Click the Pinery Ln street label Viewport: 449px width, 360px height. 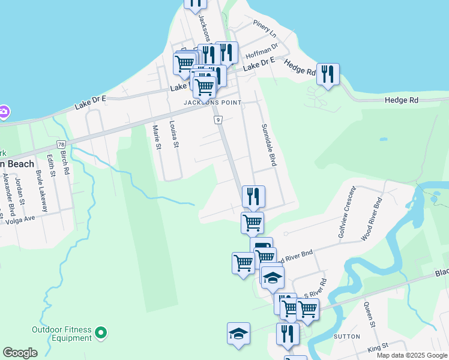tap(265, 28)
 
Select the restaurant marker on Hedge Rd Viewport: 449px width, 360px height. tap(328, 74)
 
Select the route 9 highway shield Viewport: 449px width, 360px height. tap(215, 120)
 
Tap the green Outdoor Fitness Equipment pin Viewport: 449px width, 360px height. tap(101, 332)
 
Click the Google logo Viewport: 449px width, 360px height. tap(20, 353)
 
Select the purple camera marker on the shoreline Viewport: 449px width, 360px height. tap(4, 112)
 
